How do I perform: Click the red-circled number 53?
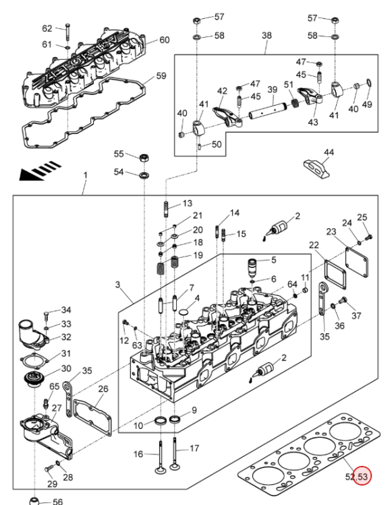point(362,476)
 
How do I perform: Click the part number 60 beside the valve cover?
point(165,40)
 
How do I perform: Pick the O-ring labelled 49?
point(370,83)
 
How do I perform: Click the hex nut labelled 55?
point(144,158)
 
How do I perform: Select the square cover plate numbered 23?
point(356,262)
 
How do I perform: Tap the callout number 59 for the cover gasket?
point(161,75)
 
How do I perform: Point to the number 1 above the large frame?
point(86,176)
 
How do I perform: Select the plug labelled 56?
point(34,501)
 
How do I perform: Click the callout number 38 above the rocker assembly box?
point(267,35)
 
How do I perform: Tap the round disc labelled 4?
point(184,312)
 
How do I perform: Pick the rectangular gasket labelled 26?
point(92,417)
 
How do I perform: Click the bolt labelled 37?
point(343,300)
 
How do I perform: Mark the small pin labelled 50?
point(200,147)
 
